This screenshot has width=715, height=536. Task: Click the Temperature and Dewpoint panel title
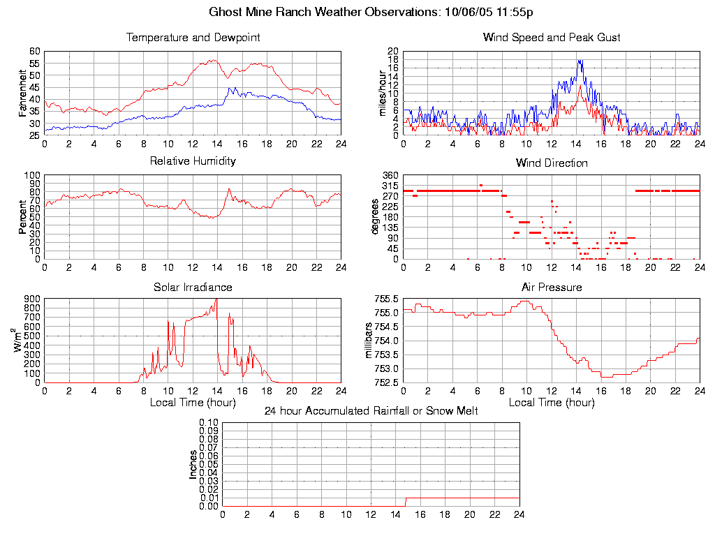[193, 38]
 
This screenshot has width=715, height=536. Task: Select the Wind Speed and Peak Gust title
[552, 38]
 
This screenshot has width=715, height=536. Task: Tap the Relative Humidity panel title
[193, 161]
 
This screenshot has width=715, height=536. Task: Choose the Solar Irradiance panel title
[193, 287]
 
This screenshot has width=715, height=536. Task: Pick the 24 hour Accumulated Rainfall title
[371, 411]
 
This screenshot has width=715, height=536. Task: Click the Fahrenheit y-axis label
[23, 93]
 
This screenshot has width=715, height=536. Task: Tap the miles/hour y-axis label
[382, 93]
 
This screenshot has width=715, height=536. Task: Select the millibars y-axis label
[370, 341]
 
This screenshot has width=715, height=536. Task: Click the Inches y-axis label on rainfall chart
[193, 464]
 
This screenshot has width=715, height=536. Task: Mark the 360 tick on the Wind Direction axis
[390, 175]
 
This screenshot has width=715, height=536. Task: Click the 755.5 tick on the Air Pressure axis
[386, 299]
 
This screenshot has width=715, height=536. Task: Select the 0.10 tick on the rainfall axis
[209, 422]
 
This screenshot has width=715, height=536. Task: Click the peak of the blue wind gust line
[580, 60]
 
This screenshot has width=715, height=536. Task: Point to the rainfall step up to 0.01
[406, 502]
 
